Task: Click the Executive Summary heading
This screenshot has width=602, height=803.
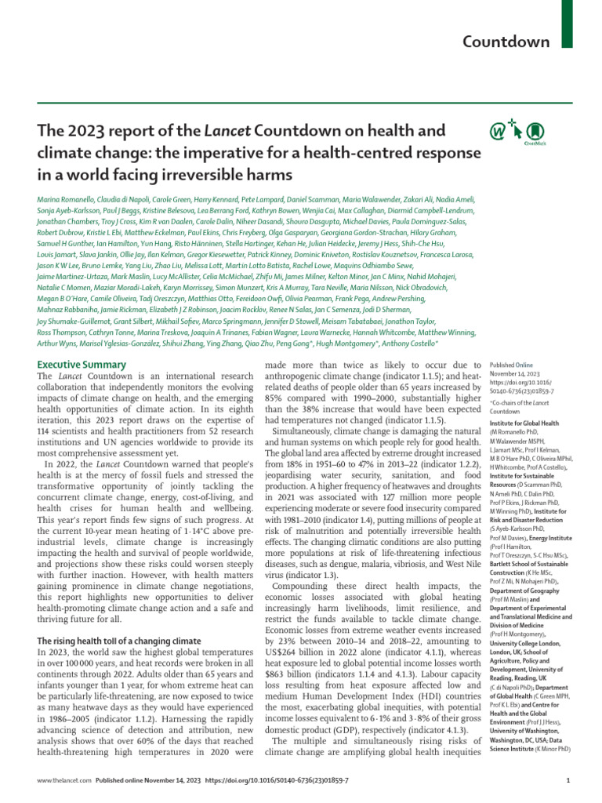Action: click(x=82, y=365)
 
